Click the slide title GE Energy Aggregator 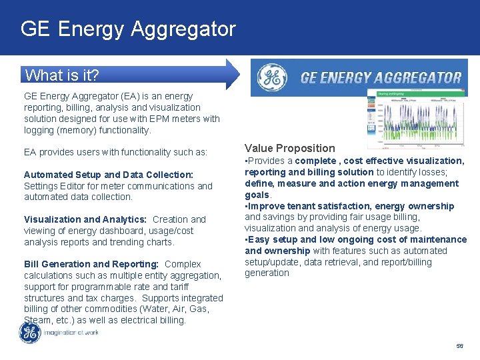(x=128, y=29)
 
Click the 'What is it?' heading (x=61, y=74)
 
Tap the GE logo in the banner (x=272, y=77)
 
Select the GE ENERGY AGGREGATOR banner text (x=381, y=78)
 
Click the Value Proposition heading (x=289, y=148)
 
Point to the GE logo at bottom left (x=30, y=333)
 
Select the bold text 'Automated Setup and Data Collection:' (x=109, y=175)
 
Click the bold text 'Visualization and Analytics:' (x=85, y=219)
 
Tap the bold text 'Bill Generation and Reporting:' (x=91, y=264)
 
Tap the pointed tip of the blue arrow (x=237, y=74)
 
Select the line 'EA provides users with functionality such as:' (x=115, y=152)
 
